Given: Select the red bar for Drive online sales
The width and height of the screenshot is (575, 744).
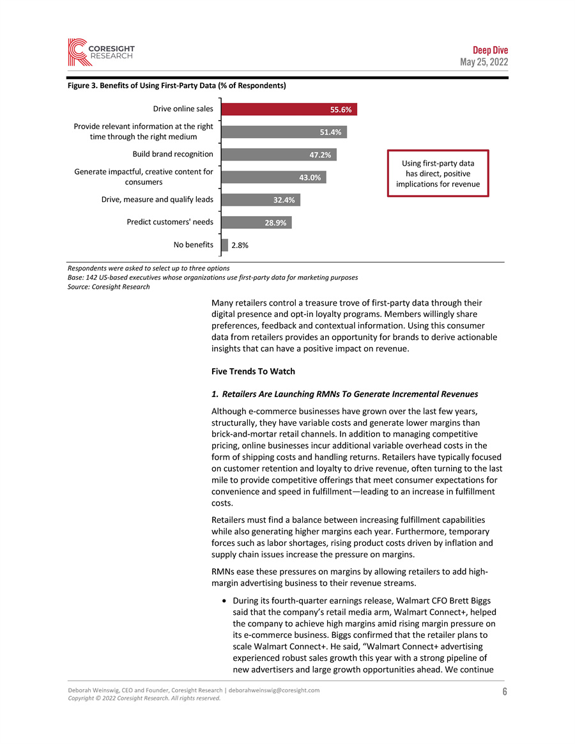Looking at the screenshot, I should (x=289, y=109).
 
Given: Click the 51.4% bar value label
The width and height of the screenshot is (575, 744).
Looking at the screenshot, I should (x=330, y=132).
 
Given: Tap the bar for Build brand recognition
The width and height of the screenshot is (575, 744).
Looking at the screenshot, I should (x=279, y=155).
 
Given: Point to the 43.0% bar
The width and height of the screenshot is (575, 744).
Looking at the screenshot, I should (x=273, y=177).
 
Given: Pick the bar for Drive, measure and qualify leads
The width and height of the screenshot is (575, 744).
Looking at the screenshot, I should (x=260, y=200).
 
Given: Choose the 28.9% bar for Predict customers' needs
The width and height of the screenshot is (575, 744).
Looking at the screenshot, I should (x=256, y=222).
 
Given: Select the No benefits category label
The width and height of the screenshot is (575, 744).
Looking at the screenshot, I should (x=194, y=244).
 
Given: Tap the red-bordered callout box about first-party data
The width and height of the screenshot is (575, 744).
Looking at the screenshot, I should (x=438, y=173).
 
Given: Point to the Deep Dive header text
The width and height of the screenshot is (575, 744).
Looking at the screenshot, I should (x=490, y=50).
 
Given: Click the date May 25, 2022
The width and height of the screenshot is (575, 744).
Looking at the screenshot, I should (x=484, y=62).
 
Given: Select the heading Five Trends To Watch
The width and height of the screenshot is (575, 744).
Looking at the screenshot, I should (x=253, y=371).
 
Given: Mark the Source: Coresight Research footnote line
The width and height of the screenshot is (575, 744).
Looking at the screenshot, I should (x=109, y=286).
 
